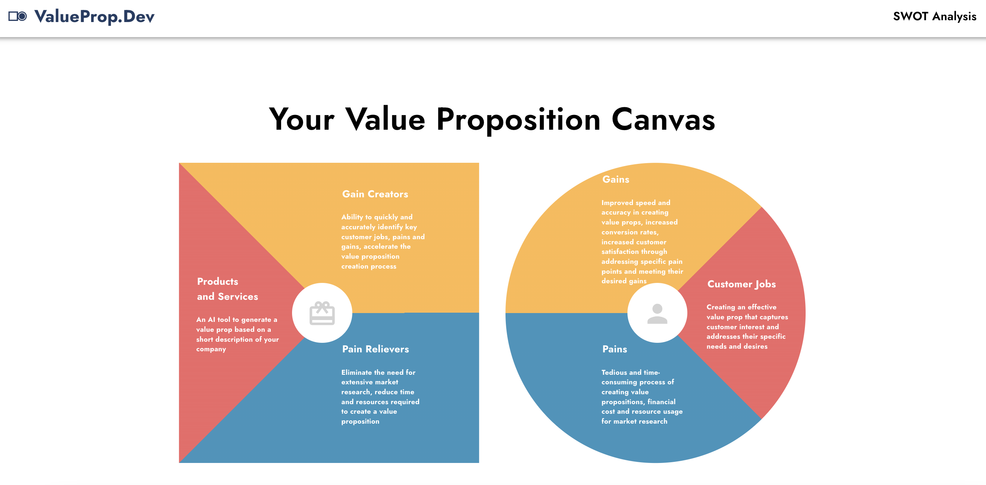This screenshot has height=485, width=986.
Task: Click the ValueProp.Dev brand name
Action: click(x=94, y=17)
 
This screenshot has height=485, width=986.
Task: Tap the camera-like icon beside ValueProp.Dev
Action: click(x=18, y=17)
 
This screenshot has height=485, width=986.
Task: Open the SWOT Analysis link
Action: click(x=934, y=17)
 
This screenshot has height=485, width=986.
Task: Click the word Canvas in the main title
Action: click(x=663, y=119)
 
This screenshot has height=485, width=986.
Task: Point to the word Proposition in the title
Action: click(x=518, y=119)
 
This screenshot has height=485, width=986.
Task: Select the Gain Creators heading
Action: click(x=375, y=194)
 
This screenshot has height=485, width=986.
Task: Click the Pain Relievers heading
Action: click(x=375, y=349)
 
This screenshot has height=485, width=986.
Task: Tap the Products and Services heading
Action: click(x=227, y=289)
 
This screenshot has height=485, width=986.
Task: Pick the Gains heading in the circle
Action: click(x=615, y=180)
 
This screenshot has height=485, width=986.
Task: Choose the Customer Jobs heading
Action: click(x=741, y=284)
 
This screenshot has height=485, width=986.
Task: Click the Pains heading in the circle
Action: click(x=614, y=349)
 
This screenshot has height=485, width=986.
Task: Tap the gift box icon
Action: click(x=322, y=313)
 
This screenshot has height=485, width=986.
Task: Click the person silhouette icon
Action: click(x=657, y=313)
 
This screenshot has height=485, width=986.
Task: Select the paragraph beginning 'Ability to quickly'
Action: click(x=383, y=241)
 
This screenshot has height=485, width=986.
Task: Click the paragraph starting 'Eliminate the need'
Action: click(x=380, y=396)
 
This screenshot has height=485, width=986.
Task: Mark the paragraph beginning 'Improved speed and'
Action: click(x=642, y=241)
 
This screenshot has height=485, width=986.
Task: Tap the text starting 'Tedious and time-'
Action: click(x=641, y=396)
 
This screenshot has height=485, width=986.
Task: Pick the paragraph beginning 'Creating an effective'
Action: click(x=747, y=327)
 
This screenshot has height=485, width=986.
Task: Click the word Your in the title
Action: click(x=302, y=119)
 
